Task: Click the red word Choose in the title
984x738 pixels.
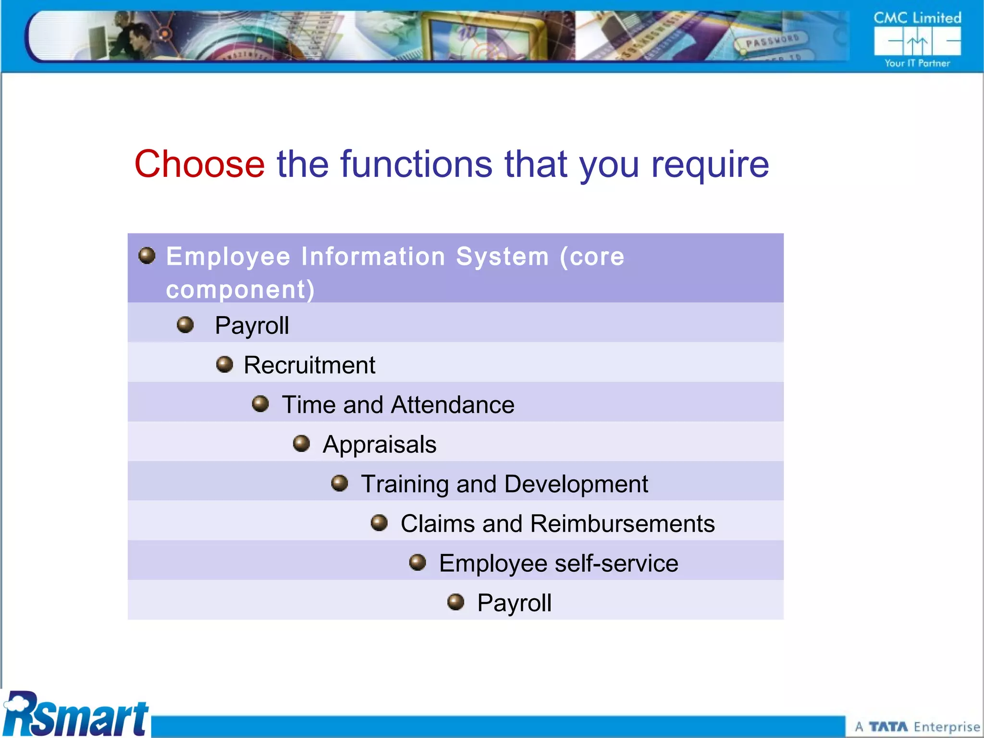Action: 199,164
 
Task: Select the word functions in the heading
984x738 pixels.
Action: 417,164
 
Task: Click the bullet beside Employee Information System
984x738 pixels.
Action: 147,256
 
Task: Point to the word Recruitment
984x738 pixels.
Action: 309,365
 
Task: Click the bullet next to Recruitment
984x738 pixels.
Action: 224,364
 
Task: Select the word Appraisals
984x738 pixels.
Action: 380,444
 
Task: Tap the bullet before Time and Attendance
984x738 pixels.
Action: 260,404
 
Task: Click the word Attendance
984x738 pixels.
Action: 453,405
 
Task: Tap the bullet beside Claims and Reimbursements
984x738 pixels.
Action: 379,523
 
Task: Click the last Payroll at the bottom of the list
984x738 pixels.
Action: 514,603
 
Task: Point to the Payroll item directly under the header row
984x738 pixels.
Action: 252,326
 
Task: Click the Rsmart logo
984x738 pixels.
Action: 76,715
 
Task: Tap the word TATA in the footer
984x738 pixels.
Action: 888,727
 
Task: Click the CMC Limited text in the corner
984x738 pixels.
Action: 917,18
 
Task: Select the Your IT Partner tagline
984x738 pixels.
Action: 917,63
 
